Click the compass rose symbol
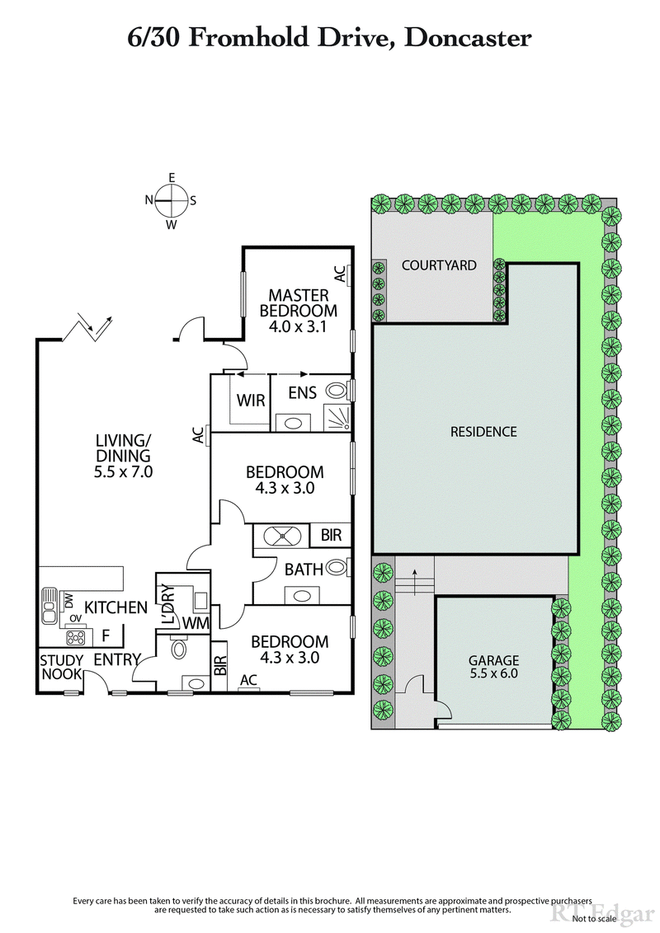pyautogui.click(x=171, y=200)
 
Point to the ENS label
pyautogui.click(x=302, y=393)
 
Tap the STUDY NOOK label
pyautogui.click(x=61, y=667)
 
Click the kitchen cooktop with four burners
pyautogui.click(x=77, y=637)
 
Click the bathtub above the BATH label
pyautogui.click(x=284, y=535)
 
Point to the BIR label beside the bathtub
pyautogui.click(x=330, y=535)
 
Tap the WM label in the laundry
pyautogui.click(x=196, y=623)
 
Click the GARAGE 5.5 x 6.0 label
pyautogui.click(x=493, y=666)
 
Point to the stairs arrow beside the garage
pyautogui.click(x=414, y=574)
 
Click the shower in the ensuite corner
pyautogui.click(x=337, y=420)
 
